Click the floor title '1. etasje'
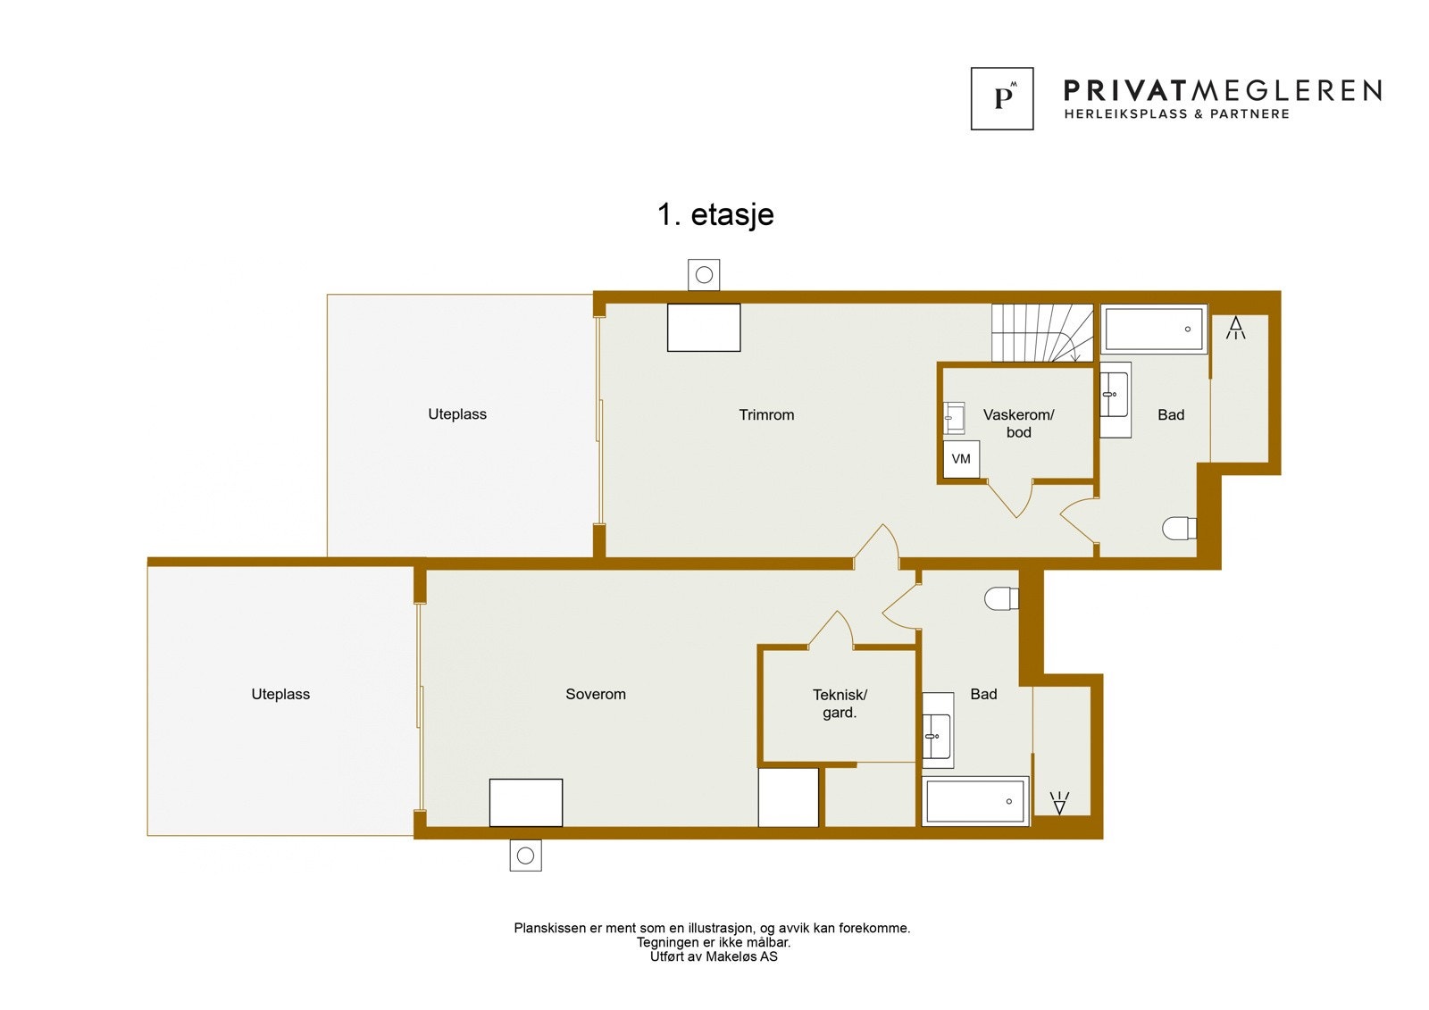pyautogui.click(x=715, y=215)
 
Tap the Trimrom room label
pyautogui.click(x=766, y=414)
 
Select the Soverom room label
pyautogui.click(x=596, y=694)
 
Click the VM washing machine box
pyautogui.click(x=961, y=459)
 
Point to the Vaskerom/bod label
pyautogui.click(x=1018, y=423)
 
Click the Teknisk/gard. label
pyautogui.click(x=840, y=703)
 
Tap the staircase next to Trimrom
pyautogui.click(x=1041, y=332)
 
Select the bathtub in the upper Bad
pyautogui.click(x=1153, y=329)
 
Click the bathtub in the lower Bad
pyautogui.click(x=974, y=801)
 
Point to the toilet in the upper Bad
pyautogui.click(x=1179, y=529)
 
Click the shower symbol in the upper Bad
pyautogui.click(x=1236, y=328)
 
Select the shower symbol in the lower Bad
pyautogui.click(x=1059, y=803)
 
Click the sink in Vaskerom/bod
pyautogui.click(x=954, y=417)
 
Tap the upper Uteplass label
pyautogui.click(x=457, y=414)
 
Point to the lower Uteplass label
pyautogui.click(x=280, y=694)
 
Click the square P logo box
pyautogui.click(x=1002, y=98)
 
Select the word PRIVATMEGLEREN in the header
pyautogui.click(x=1222, y=90)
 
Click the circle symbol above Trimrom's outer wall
pyautogui.click(x=704, y=275)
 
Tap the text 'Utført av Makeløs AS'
pyautogui.click(x=714, y=956)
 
